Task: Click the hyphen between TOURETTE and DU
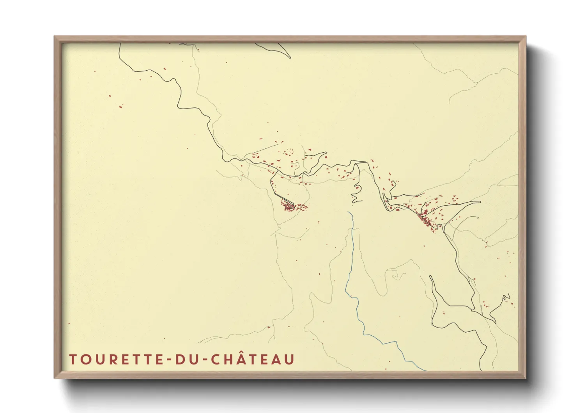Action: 169,360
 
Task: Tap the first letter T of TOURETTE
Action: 73,360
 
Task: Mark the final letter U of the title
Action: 289,360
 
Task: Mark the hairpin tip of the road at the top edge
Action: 290,57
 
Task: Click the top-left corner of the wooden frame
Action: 55,37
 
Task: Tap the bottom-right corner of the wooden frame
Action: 526,378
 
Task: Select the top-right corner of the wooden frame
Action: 526,37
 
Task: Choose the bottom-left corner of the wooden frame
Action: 55,378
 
